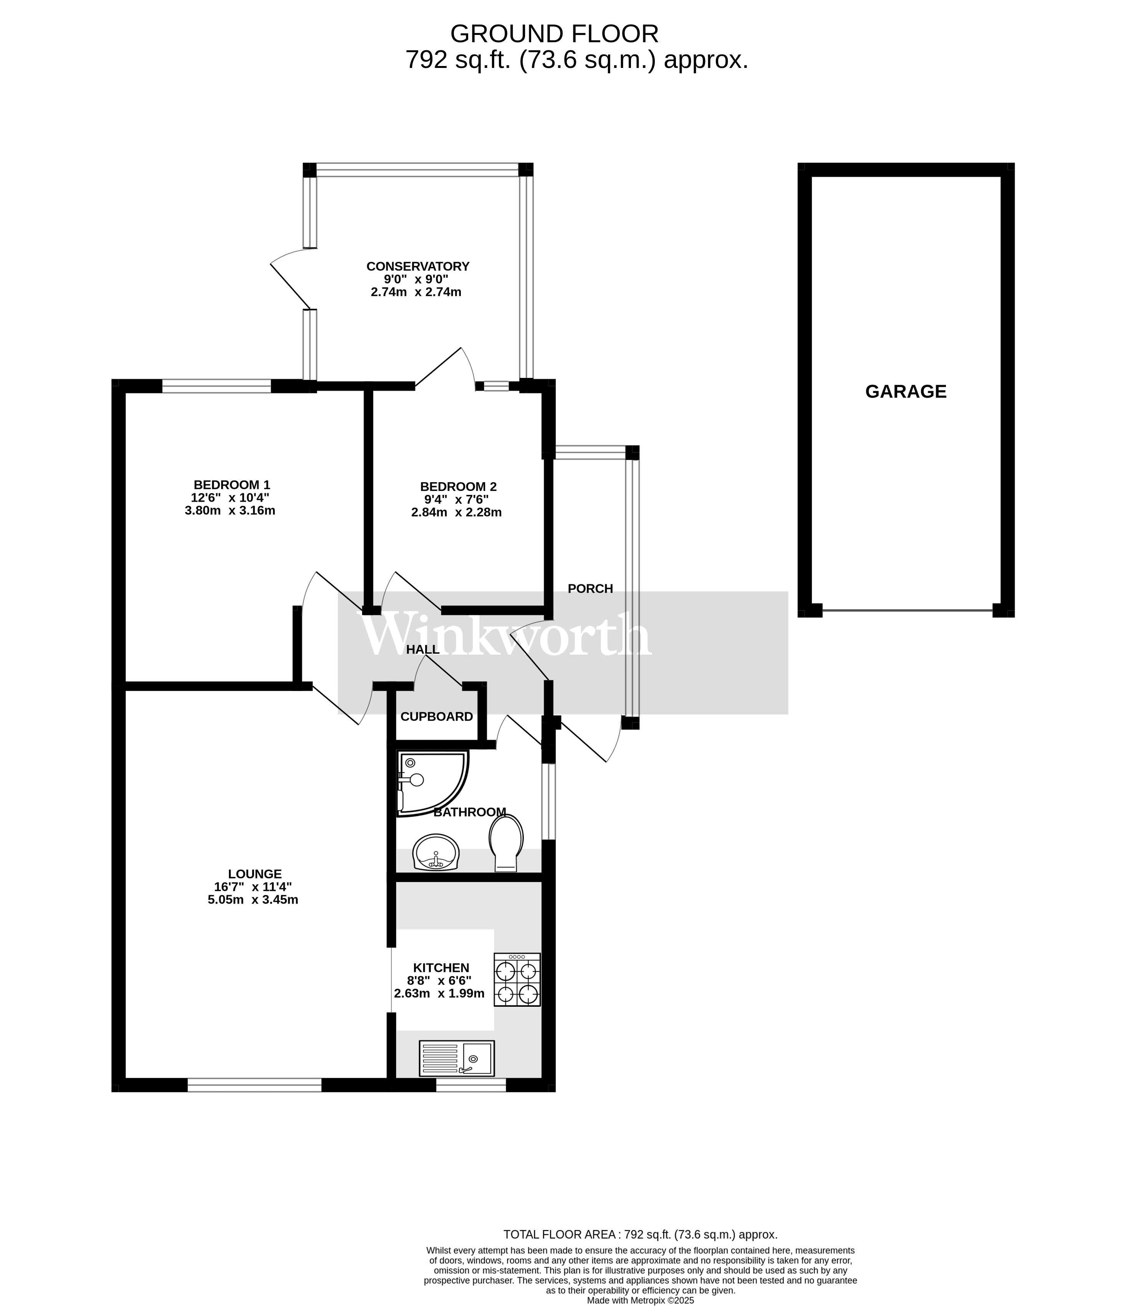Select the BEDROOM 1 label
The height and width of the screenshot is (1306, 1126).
coord(232,485)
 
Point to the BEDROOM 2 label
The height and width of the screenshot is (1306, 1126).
coord(458,486)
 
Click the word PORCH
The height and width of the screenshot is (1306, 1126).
coord(590,589)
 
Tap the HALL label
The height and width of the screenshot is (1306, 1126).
coord(423,649)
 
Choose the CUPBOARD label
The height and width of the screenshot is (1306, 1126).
coord(437,717)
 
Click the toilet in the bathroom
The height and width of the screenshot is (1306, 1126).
coord(507,843)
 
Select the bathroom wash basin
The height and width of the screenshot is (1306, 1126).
coord(435,852)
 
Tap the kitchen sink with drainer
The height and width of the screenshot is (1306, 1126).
coord(457,1058)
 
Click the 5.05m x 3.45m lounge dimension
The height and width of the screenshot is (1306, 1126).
coord(253,900)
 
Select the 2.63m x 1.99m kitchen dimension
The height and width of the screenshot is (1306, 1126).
coord(439,994)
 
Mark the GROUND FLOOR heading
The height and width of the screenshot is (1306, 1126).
coord(555,33)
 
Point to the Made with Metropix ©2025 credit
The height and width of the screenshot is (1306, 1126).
coord(640,1300)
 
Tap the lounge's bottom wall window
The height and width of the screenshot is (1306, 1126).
coord(255,1085)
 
